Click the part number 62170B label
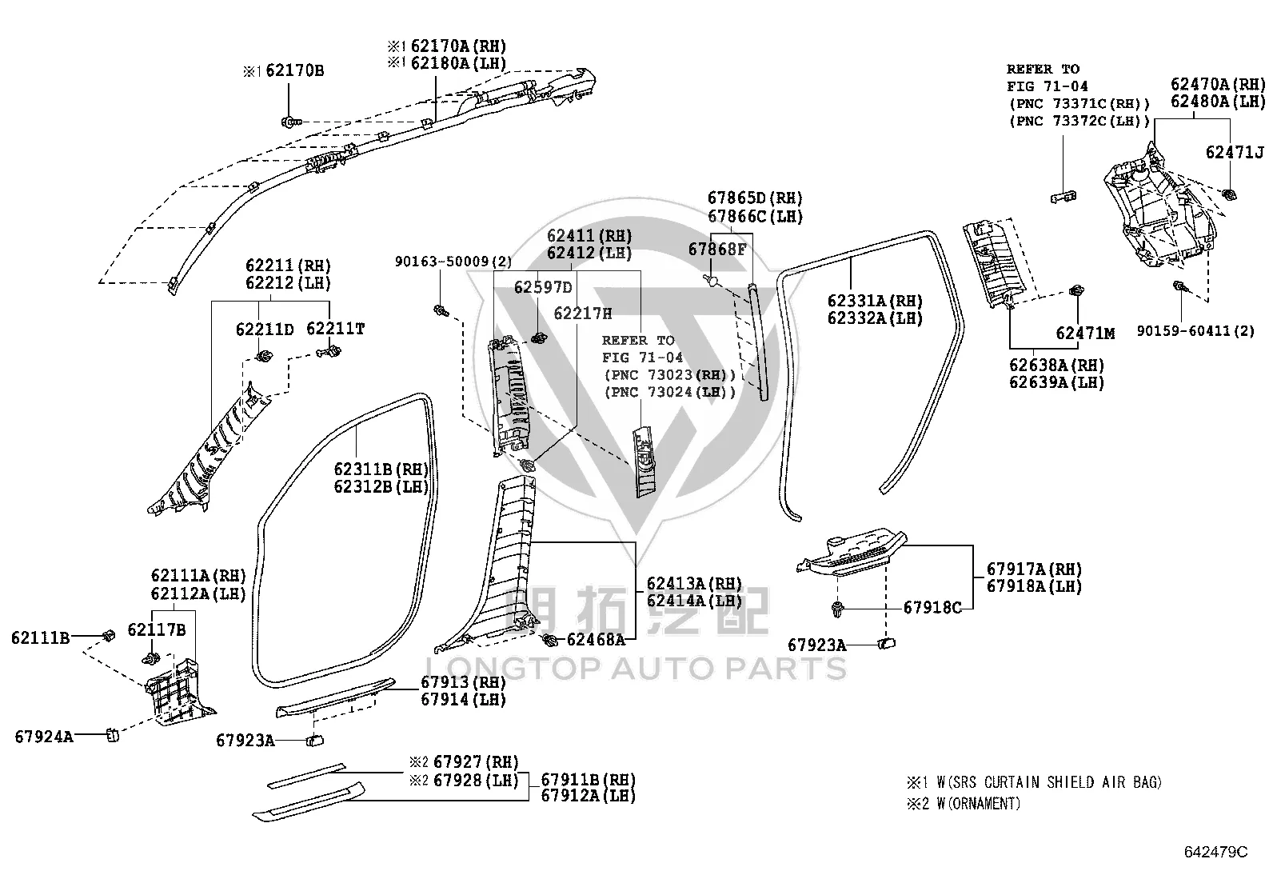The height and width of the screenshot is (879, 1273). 294,70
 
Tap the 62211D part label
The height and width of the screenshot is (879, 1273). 265,330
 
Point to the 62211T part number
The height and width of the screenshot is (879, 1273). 335,328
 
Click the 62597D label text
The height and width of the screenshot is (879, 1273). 543,287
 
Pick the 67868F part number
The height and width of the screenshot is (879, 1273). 717,249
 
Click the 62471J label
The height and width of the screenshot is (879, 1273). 1235,153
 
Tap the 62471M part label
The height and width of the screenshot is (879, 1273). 1085,334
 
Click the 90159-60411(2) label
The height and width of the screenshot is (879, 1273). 1195,331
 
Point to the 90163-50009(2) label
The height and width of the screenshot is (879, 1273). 453,262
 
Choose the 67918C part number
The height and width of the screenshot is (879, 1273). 932,608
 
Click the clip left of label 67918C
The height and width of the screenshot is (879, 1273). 836,609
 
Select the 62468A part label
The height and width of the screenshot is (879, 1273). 597,640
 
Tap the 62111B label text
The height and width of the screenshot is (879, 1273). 40,638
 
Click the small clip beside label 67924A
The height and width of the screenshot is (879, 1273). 113,735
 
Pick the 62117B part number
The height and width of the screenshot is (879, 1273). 156,630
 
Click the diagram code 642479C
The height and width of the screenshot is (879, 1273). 1216,852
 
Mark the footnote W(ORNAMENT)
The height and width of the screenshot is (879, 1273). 979,803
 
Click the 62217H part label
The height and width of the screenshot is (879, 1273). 582,314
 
